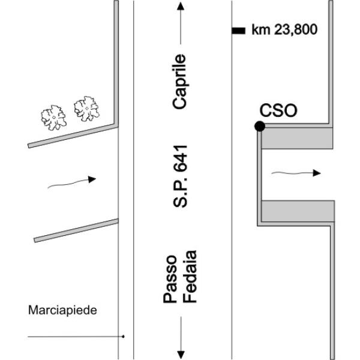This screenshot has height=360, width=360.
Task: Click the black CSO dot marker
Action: (x=259, y=126)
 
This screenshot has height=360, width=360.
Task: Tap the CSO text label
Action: (x=278, y=110)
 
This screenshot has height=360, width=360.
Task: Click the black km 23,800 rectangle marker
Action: (x=238, y=29)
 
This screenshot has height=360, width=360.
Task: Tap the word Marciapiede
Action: (x=62, y=310)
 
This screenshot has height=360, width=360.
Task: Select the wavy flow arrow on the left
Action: (x=71, y=182)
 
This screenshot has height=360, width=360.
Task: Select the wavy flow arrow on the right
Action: (x=296, y=173)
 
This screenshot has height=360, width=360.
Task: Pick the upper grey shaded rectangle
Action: (x=298, y=139)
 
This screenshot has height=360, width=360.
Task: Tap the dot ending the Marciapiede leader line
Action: (x=123, y=337)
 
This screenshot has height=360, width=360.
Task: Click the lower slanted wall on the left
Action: (x=75, y=230)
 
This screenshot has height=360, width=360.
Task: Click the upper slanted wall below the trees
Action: (x=72, y=135)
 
